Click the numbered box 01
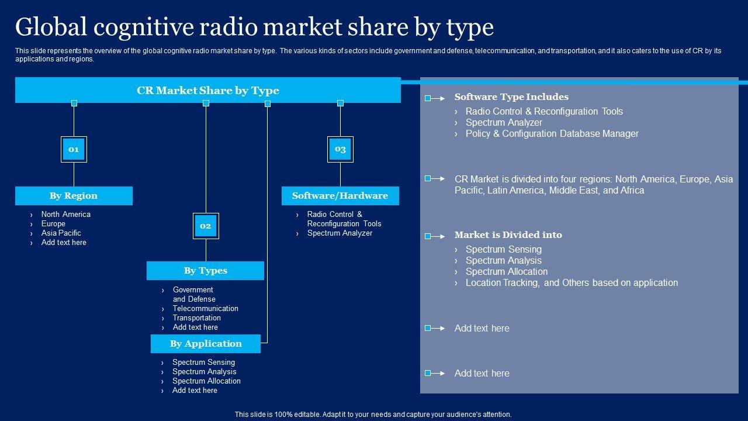(74, 149)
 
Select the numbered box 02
(206, 226)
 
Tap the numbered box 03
(340, 149)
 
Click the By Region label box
(74, 196)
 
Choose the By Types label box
(205, 271)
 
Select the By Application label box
(206, 344)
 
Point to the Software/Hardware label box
(340, 196)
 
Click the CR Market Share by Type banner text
(208, 91)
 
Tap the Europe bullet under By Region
(53, 224)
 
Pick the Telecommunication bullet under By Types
(205, 309)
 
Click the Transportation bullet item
(196, 318)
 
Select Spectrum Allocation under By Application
(206, 381)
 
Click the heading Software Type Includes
(511, 97)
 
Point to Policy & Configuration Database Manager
(552, 134)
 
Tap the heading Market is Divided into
(508, 235)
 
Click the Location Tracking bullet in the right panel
(572, 283)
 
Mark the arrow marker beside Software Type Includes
(435, 98)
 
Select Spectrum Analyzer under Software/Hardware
(340, 233)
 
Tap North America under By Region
(65, 215)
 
